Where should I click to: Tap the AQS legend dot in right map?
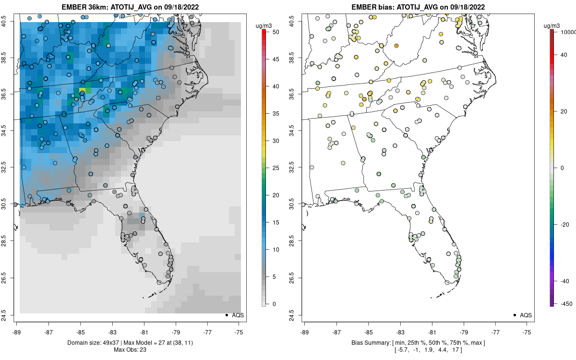coord(514,315)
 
